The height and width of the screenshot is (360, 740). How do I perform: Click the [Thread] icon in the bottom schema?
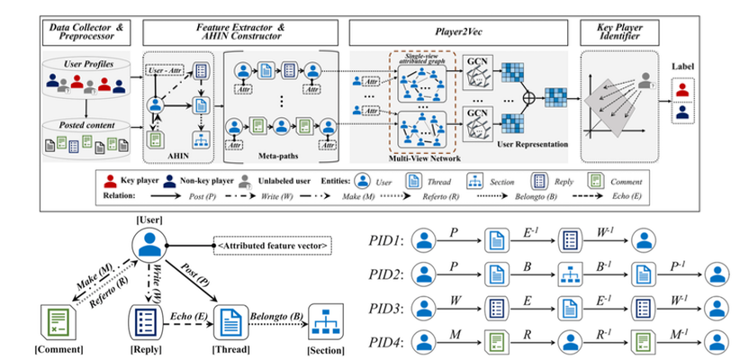(231, 321)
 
